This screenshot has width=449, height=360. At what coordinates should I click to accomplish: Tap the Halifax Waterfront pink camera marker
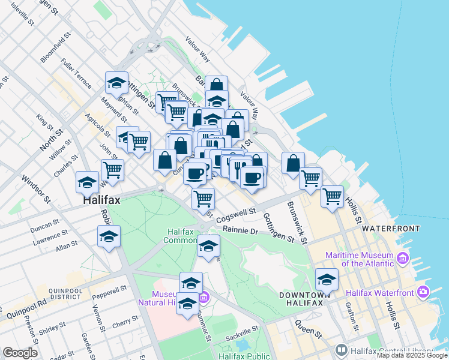tap(423, 292)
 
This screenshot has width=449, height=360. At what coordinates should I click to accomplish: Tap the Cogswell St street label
tap(236, 212)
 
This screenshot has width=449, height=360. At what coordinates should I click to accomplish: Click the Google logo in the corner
tap(20, 353)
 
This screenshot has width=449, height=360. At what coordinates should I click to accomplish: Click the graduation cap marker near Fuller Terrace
tap(116, 82)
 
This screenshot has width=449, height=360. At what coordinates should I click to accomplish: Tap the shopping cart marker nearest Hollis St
tap(332, 196)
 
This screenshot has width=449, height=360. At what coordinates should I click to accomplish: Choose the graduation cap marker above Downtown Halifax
tap(327, 279)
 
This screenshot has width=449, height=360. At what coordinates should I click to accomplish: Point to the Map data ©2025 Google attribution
tap(412, 355)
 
